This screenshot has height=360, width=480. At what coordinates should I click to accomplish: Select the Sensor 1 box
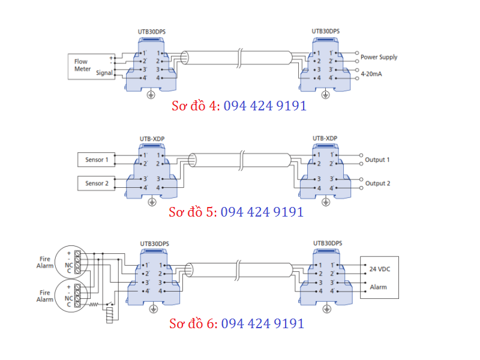tap(97, 160)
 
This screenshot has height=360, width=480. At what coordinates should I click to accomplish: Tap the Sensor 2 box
tap(97, 183)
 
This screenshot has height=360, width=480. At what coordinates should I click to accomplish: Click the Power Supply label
tap(379, 58)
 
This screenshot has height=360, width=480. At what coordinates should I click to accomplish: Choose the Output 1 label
tap(377, 160)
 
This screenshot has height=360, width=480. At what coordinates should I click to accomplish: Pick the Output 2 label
tap(377, 184)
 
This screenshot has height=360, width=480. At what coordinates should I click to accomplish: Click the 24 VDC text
tap(378, 268)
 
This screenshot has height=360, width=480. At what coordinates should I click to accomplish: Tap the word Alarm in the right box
tap(378, 287)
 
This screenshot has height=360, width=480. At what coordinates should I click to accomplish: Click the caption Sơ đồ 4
tap(196, 106)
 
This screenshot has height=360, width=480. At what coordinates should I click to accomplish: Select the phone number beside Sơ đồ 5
tap(262, 212)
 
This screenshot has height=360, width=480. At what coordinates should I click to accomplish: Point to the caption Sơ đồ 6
tap(193, 323)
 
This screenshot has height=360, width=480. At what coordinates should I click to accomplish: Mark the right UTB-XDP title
tap(325, 139)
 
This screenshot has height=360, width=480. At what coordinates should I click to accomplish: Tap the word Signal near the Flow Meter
tap(104, 72)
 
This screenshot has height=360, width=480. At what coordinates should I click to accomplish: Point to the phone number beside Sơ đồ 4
tap(265, 106)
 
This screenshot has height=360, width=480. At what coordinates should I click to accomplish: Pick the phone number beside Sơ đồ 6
tap(263, 323)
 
